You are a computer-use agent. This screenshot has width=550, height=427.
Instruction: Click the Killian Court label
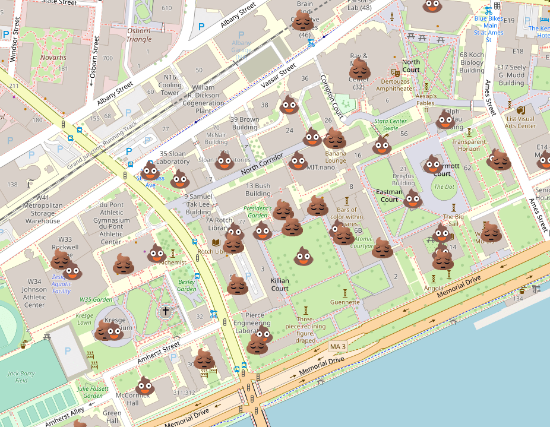tap(280, 284)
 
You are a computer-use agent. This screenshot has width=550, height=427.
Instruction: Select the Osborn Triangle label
tap(138, 35)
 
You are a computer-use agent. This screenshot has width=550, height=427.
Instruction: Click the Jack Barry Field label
tap(21, 377)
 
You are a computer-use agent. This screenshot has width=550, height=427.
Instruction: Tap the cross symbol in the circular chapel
tap(166, 311)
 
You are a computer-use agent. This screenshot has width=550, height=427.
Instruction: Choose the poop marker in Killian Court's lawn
tap(304, 257)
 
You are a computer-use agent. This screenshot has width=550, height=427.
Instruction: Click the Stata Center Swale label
tap(390, 124)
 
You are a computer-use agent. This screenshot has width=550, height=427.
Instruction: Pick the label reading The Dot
tap(444, 186)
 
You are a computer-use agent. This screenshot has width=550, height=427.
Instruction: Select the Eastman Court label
tap(389, 195)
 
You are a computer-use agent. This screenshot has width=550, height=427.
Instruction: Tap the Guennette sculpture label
tap(345, 302)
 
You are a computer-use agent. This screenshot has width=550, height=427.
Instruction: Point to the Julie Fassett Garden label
tap(93, 392)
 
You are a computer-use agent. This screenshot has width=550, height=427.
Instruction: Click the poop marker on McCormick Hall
tap(145, 385)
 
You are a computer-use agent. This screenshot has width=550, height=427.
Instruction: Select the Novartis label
tap(54, 58)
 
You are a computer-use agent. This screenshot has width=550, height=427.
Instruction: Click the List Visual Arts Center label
tap(520, 122)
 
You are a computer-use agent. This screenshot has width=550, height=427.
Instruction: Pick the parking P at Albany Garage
tap(241, 35)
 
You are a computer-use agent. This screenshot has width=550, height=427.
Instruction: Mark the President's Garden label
tap(257, 212)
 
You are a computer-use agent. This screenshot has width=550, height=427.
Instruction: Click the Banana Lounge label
tap(336, 157)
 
